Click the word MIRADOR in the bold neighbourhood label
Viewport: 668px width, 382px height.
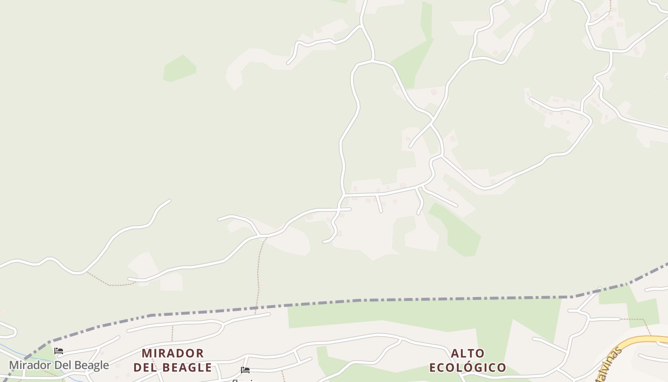[173, 353]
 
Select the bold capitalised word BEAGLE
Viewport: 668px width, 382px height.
[188, 368]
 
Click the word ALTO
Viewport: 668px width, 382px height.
[468, 353]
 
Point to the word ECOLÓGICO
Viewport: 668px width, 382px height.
[468, 368]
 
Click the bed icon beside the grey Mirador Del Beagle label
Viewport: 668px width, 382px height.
[59, 351]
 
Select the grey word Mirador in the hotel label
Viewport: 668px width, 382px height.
[30, 365]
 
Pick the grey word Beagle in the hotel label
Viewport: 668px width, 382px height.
[91, 365]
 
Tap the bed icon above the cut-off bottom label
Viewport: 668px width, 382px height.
[245, 370]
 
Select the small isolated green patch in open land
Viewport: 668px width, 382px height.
[179, 68]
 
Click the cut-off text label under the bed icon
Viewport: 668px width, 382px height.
[245, 380]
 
